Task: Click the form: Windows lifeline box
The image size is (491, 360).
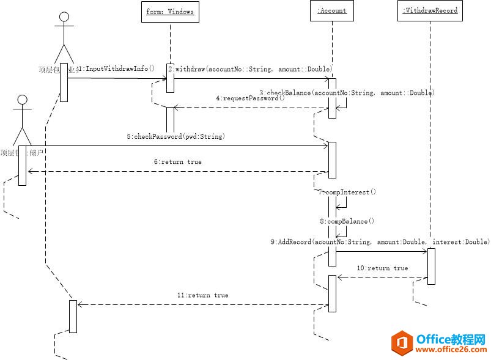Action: coord(170,11)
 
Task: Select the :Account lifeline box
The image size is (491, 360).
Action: coord(332,10)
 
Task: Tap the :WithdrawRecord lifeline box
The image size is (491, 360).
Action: coord(430,10)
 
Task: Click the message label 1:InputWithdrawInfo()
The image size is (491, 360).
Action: coord(116,69)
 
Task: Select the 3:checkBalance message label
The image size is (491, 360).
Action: coord(347,93)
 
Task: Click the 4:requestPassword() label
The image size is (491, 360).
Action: coord(250,98)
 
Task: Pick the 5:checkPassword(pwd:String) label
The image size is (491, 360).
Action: coord(176,137)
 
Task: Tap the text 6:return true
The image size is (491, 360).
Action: coord(177,162)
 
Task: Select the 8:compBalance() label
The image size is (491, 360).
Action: coord(347,221)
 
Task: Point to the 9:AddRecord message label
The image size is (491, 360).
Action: coord(380,242)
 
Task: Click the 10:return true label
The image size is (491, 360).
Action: coord(382,268)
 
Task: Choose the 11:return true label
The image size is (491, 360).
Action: coord(202,295)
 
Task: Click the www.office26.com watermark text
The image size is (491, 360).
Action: coord(451,350)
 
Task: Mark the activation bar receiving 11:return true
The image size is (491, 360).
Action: coord(73,317)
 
